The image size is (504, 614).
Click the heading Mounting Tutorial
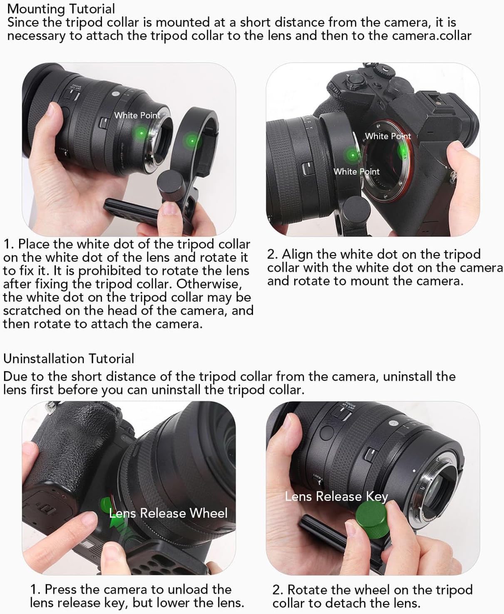61,9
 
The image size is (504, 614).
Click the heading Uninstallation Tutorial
69,359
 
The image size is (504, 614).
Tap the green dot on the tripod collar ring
192,141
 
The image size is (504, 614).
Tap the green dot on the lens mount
142,133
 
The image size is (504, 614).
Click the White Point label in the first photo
137,115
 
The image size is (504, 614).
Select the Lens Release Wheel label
168,513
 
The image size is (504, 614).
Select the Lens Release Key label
336,496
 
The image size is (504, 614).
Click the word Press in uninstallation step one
61,589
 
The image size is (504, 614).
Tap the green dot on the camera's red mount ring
402,151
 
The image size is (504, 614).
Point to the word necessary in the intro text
36,36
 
